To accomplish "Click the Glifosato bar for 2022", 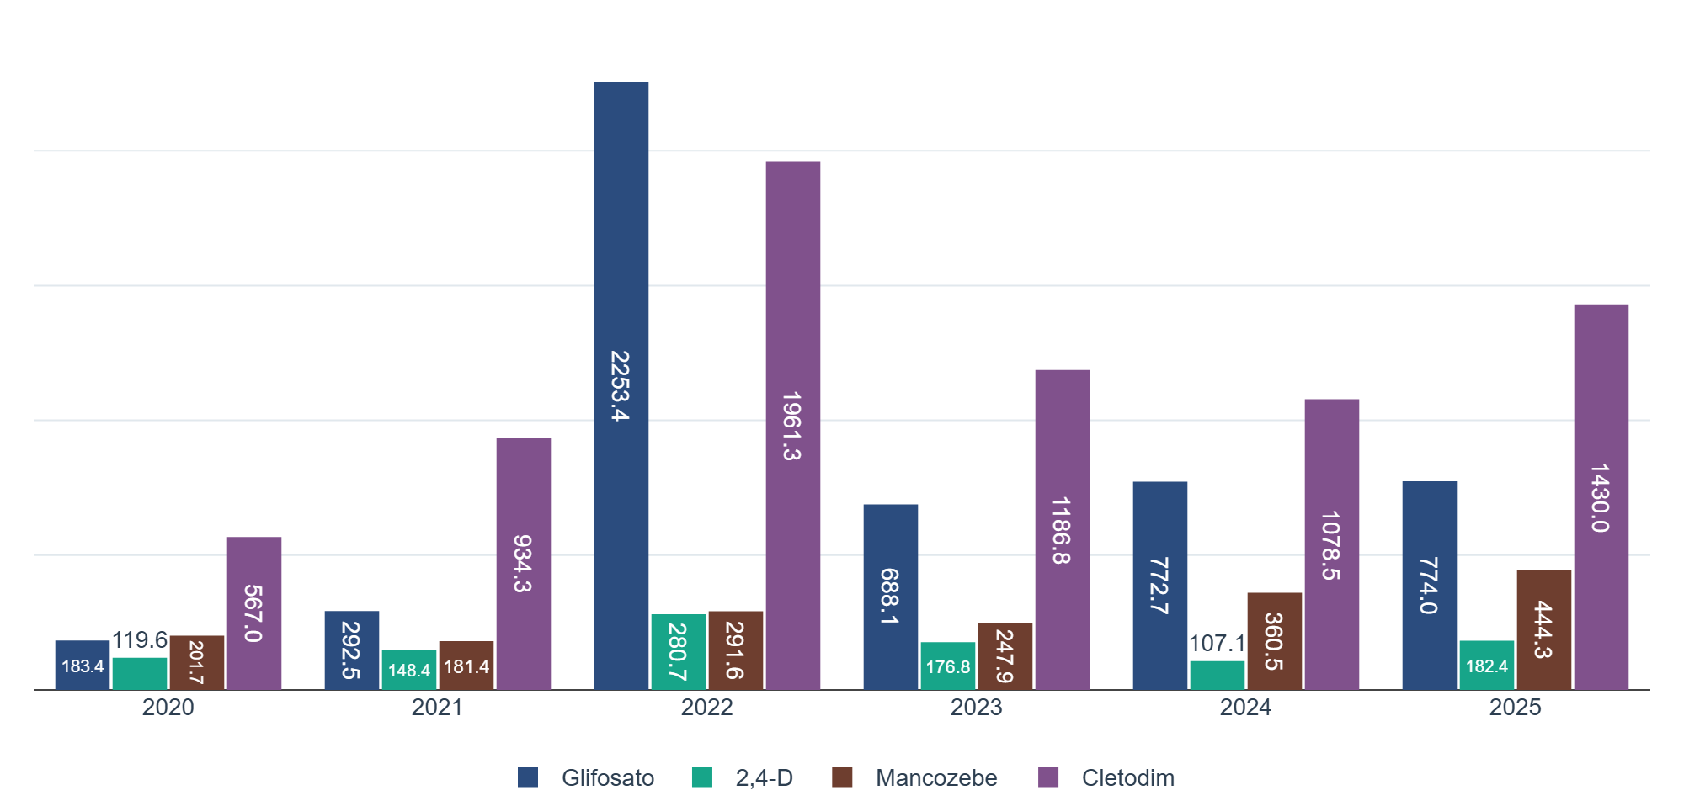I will click(x=621, y=252).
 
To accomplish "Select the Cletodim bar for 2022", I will click(x=792, y=294).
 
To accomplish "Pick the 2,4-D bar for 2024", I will click(x=1217, y=676).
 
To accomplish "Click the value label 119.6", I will click(x=140, y=640).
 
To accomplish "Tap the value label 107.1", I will click(x=1217, y=644).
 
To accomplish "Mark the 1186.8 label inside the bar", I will click(x=1061, y=530).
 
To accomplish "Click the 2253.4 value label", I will click(x=621, y=385).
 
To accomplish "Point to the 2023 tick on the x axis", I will click(x=976, y=707).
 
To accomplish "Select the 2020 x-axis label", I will click(x=168, y=707).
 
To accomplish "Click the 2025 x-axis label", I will click(x=1515, y=707).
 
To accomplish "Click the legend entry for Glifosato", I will click(x=607, y=777).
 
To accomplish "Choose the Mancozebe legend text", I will click(x=935, y=777).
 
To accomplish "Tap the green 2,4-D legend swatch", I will click(x=702, y=777).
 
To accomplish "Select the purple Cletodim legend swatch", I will click(x=1048, y=777).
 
